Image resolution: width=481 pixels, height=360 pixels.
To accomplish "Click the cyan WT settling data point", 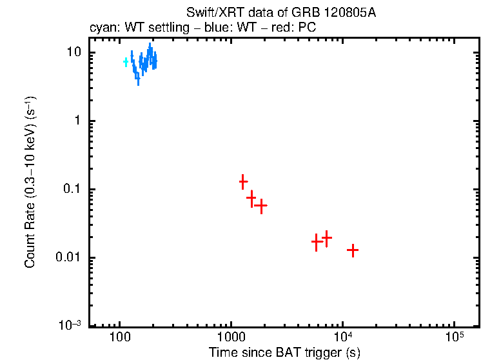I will coord(126,62).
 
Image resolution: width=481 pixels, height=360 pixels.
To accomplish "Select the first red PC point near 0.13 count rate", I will coord(243,182).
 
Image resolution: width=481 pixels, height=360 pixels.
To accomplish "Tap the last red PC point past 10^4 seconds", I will coord(352,250).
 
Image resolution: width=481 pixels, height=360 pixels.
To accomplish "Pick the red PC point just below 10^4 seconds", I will coord(327,238).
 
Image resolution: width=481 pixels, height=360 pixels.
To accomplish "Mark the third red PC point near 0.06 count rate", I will coord(261,206).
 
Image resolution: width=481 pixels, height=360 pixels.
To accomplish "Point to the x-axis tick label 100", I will coord(119,339).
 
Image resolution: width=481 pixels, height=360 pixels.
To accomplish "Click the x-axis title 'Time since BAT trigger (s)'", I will coord(284,352).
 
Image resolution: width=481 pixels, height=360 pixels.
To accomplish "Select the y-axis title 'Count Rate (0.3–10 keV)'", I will coord(30,182).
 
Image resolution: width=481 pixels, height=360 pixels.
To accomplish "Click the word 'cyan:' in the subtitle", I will coord(101,29).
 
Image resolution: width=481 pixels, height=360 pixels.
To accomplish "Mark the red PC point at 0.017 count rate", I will coord(316,243).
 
